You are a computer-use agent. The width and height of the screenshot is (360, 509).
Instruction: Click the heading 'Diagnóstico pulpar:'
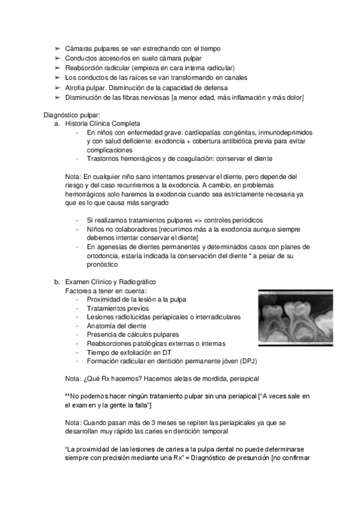(x=73, y=115)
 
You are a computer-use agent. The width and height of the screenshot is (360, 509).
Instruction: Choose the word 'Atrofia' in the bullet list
(x=76, y=88)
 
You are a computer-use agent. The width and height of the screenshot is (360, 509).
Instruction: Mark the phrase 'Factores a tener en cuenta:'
(x=101, y=291)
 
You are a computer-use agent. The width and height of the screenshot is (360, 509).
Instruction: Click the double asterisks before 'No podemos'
(x=67, y=396)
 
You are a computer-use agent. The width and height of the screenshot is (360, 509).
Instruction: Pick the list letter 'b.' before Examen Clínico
(x=56, y=282)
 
